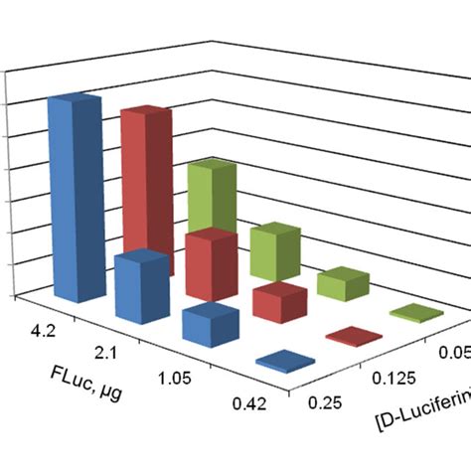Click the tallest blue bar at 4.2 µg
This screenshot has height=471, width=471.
[74, 199]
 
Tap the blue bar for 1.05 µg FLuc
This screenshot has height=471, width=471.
[210, 327]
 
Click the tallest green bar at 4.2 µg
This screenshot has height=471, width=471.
[212, 199]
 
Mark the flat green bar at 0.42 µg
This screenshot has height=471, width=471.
[415, 313]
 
